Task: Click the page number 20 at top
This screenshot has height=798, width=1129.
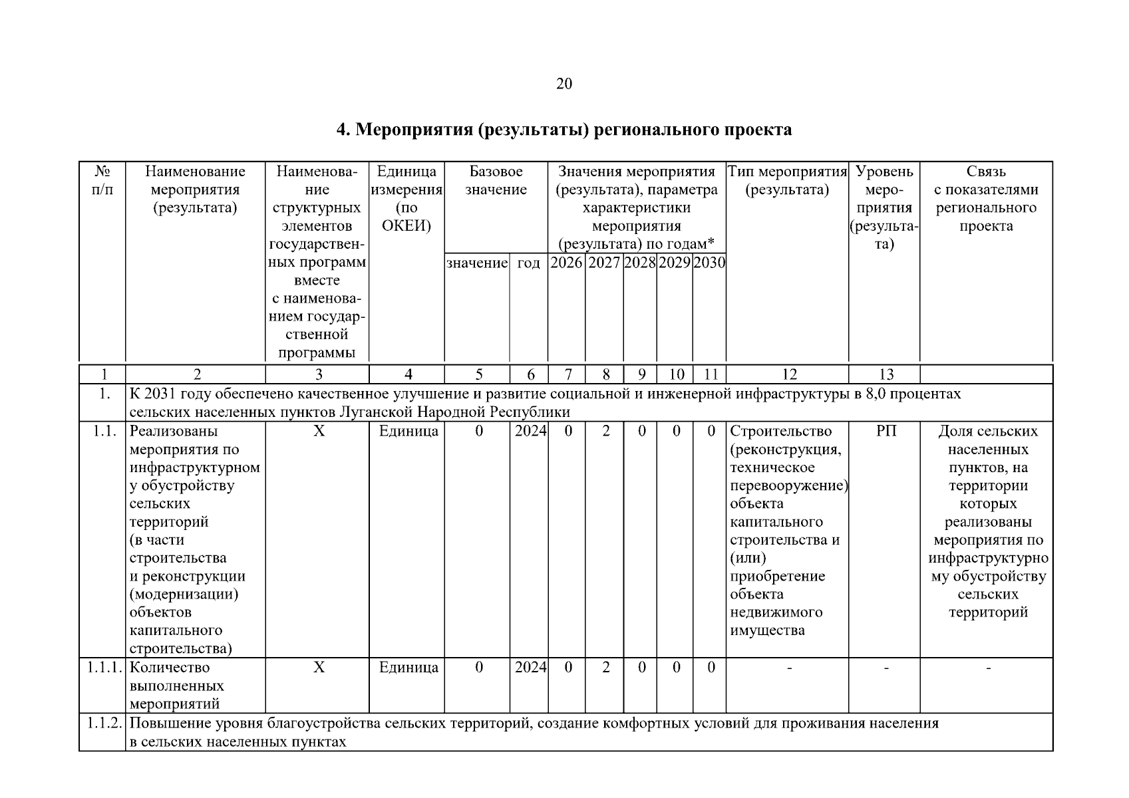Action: tap(564, 84)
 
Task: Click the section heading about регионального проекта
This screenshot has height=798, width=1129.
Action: tap(564, 130)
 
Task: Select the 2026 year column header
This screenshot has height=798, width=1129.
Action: tap(567, 263)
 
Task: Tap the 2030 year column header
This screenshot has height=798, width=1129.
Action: tap(709, 263)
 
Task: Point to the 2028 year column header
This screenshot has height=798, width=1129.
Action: tap(640, 263)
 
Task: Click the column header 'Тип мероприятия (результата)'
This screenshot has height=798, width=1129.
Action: tap(787, 181)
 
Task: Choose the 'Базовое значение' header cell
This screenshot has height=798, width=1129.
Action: tap(496, 181)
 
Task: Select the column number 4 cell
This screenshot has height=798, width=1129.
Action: tap(408, 374)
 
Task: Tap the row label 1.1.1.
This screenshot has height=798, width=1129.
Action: tap(102, 668)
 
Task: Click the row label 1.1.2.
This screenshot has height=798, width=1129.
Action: tap(102, 723)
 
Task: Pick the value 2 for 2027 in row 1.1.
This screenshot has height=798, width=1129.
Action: tap(605, 432)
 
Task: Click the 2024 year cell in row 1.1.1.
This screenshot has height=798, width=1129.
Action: tap(530, 668)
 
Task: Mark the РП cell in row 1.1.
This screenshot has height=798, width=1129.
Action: tap(886, 432)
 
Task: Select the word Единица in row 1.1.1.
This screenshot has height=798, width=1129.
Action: tap(408, 668)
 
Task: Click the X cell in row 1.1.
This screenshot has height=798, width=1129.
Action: tap(319, 432)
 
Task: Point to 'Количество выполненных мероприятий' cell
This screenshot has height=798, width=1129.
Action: tap(176, 686)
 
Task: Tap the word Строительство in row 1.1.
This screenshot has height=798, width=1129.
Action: tap(780, 432)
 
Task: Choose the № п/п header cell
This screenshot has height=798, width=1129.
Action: tap(102, 181)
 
